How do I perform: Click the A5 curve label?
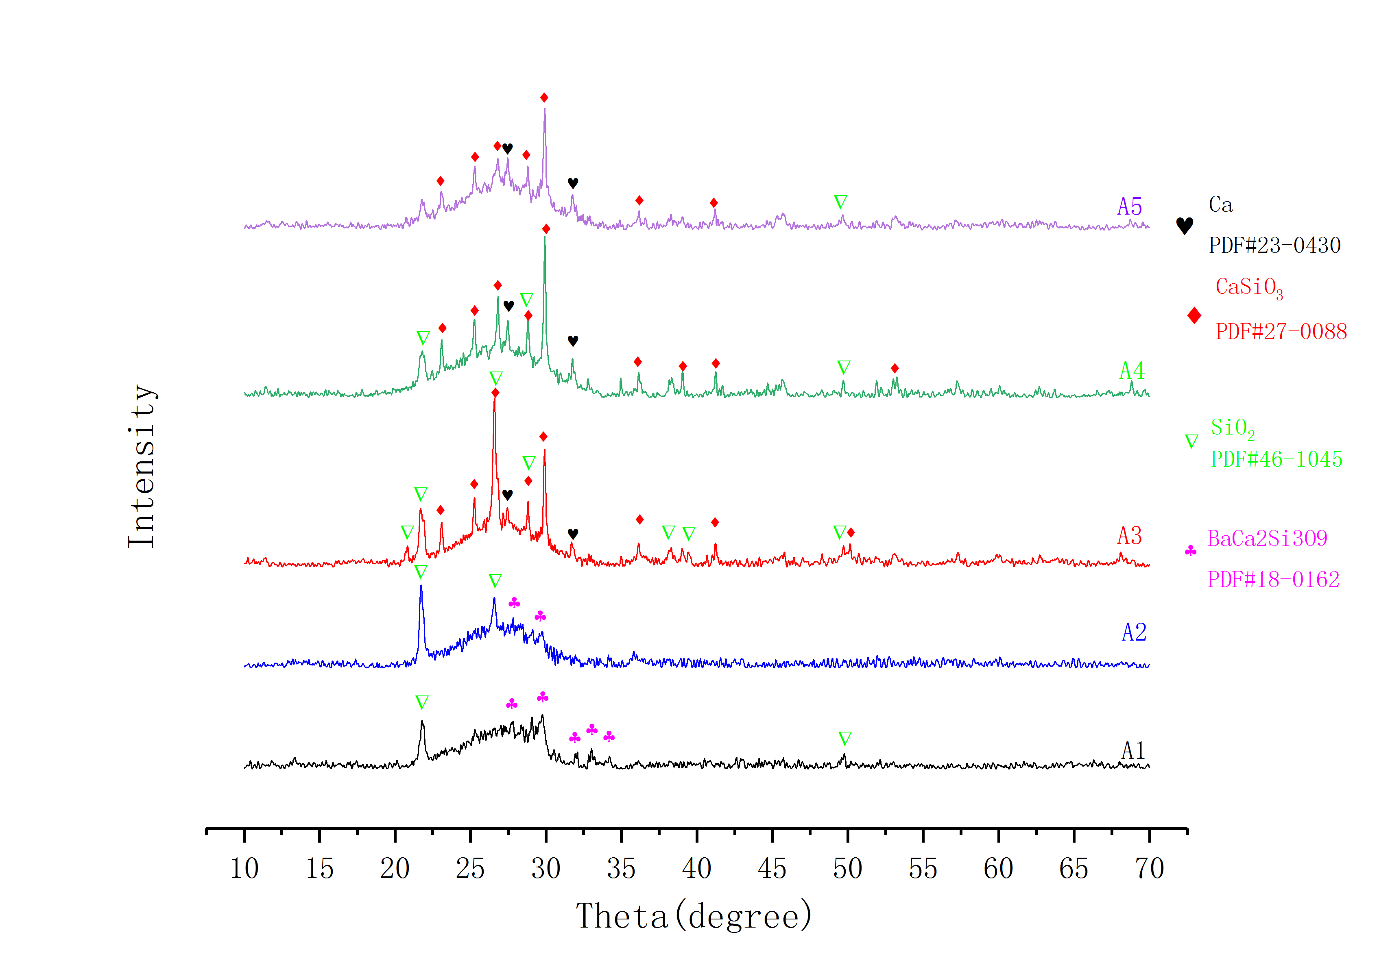(1129, 207)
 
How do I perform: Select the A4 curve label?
(1132, 371)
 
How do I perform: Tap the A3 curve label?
(1129, 535)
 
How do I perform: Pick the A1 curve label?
(1133, 750)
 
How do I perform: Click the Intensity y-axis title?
(142, 466)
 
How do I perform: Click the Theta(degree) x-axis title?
(694, 916)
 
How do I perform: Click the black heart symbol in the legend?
(1185, 226)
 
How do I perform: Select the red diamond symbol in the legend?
(1194, 315)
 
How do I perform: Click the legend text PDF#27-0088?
(1281, 331)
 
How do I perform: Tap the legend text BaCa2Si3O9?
(1267, 539)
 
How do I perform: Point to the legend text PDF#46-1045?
(1276, 459)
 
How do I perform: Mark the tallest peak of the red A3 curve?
(494, 399)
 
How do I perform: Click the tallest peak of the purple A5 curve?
(545, 110)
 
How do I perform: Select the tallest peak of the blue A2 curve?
(421, 587)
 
